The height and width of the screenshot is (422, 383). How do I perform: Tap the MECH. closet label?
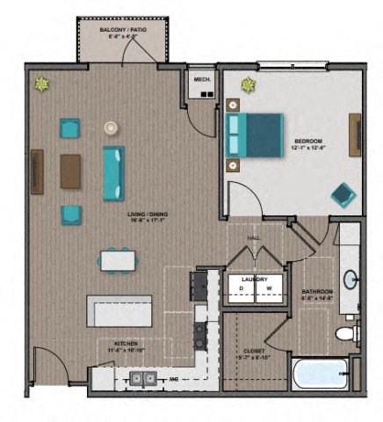tap(200, 79)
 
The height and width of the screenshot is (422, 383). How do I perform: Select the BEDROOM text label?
tap(308, 141)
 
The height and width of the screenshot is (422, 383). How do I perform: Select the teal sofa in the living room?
tap(114, 172)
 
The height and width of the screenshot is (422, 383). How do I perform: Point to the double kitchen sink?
tap(143, 379)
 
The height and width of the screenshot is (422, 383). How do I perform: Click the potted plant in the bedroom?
tap(249, 85)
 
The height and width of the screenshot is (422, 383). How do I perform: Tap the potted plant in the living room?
tap(41, 84)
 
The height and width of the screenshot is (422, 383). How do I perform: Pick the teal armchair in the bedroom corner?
tap(342, 193)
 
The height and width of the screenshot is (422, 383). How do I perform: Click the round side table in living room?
tap(111, 128)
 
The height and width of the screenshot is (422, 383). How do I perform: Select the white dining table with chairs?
tap(118, 261)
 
